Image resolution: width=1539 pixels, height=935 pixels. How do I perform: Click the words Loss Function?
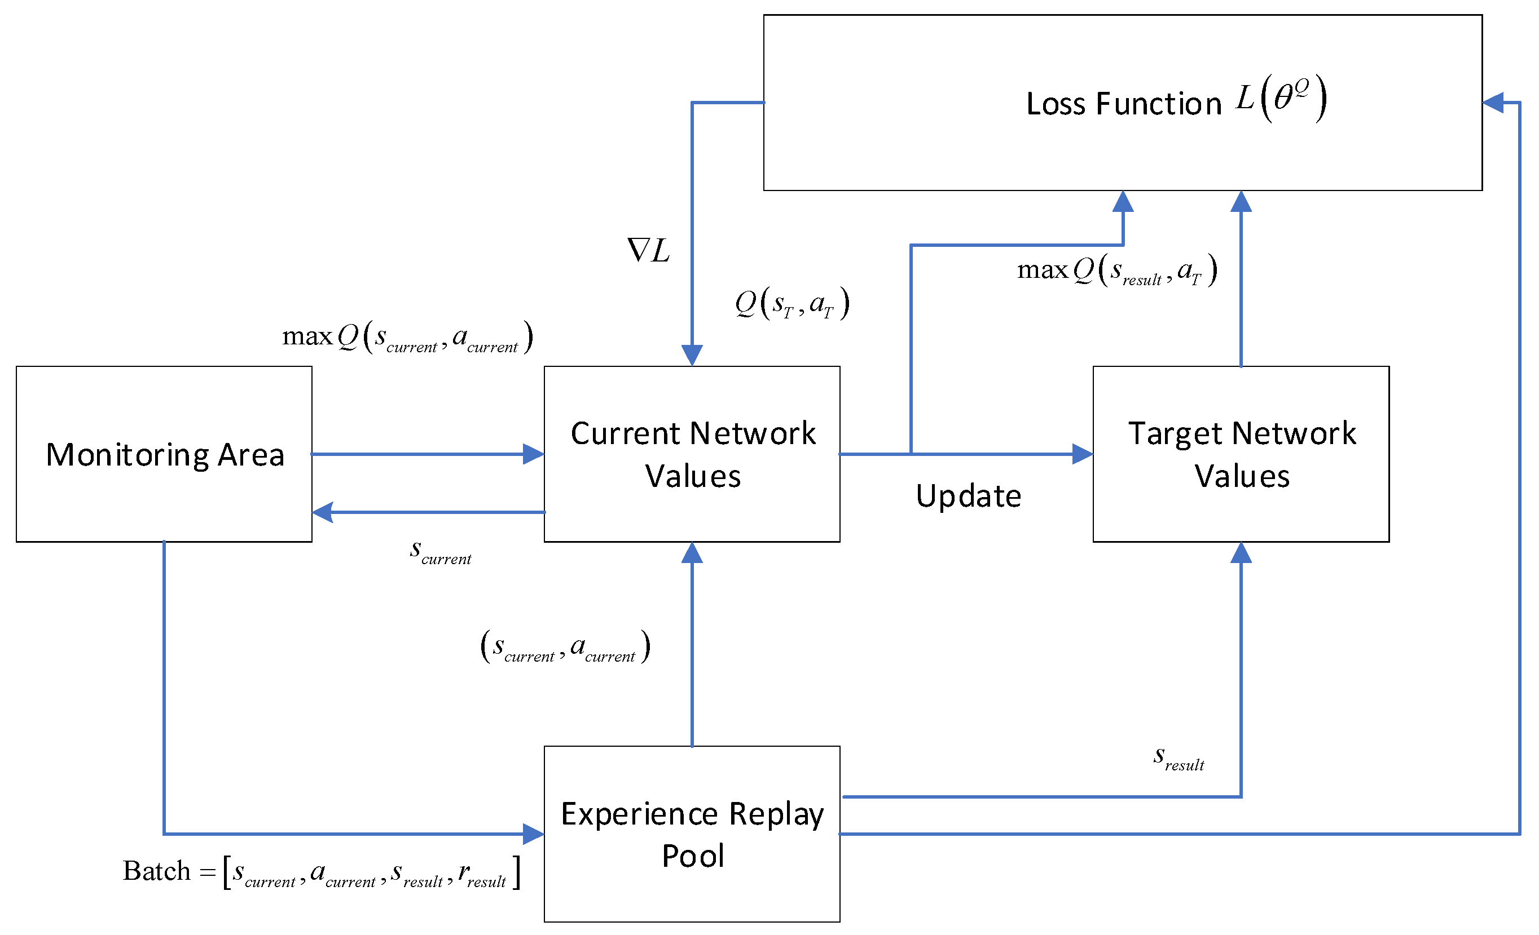(1124, 104)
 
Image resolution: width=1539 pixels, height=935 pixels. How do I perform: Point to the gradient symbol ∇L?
(648, 250)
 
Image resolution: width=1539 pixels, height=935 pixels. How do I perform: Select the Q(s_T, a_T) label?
(792, 303)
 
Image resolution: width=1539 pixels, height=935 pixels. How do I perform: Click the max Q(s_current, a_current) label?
(407, 337)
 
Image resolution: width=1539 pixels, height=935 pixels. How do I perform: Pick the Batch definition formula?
(322, 871)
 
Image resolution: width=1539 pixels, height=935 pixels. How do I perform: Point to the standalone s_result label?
(1179, 757)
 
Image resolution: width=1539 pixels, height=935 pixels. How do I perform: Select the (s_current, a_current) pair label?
(565, 646)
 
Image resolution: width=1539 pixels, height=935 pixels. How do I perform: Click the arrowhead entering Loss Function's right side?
(1493, 103)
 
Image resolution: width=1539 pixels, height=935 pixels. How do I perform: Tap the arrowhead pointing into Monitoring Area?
(322, 512)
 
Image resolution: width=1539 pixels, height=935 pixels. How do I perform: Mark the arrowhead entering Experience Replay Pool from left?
(534, 834)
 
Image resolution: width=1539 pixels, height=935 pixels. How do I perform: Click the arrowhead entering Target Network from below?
(1241, 552)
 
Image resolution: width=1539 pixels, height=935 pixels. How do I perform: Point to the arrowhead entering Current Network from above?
(692, 355)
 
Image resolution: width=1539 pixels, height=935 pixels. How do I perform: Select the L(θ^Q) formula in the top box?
(1281, 99)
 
